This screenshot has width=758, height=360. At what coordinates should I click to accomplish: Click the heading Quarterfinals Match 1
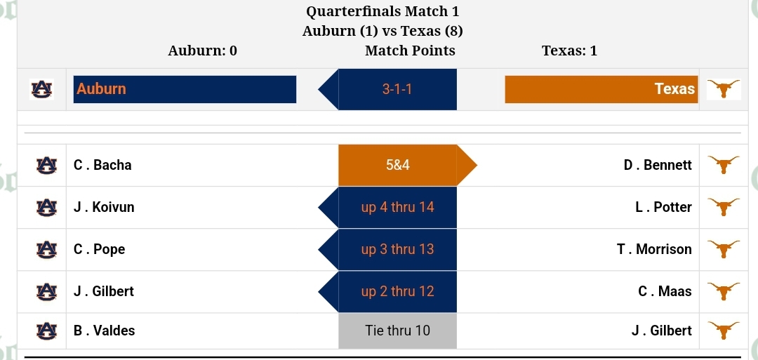(383, 11)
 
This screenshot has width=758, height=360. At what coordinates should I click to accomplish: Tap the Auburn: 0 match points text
(203, 51)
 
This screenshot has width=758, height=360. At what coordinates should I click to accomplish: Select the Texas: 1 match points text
(569, 51)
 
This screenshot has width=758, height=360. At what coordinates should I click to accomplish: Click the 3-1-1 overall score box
(397, 89)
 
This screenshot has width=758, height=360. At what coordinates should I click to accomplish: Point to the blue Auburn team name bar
(185, 89)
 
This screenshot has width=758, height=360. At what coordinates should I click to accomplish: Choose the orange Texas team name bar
(601, 89)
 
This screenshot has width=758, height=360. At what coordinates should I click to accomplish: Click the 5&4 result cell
(397, 165)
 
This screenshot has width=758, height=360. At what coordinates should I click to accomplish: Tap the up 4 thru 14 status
(397, 207)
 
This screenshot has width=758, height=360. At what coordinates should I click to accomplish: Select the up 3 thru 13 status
(397, 249)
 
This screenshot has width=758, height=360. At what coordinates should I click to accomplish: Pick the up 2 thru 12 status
(397, 291)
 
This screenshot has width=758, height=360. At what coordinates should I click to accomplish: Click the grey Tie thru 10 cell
(397, 331)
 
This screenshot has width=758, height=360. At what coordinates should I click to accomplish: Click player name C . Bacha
(102, 165)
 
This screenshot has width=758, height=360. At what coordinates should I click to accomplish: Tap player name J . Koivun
(104, 207)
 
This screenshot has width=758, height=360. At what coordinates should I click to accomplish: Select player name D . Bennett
(658, 165)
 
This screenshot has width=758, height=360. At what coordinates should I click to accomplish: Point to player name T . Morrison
(654, 249)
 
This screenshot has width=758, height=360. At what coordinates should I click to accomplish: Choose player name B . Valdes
(104, 331)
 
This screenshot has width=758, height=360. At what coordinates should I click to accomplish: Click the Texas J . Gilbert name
(661, 331)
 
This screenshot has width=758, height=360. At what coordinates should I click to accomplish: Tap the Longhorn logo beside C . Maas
(723, 291)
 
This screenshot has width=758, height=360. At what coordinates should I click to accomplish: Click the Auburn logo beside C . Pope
(46, 249)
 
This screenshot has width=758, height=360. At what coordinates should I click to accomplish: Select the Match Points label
(410, 51)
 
